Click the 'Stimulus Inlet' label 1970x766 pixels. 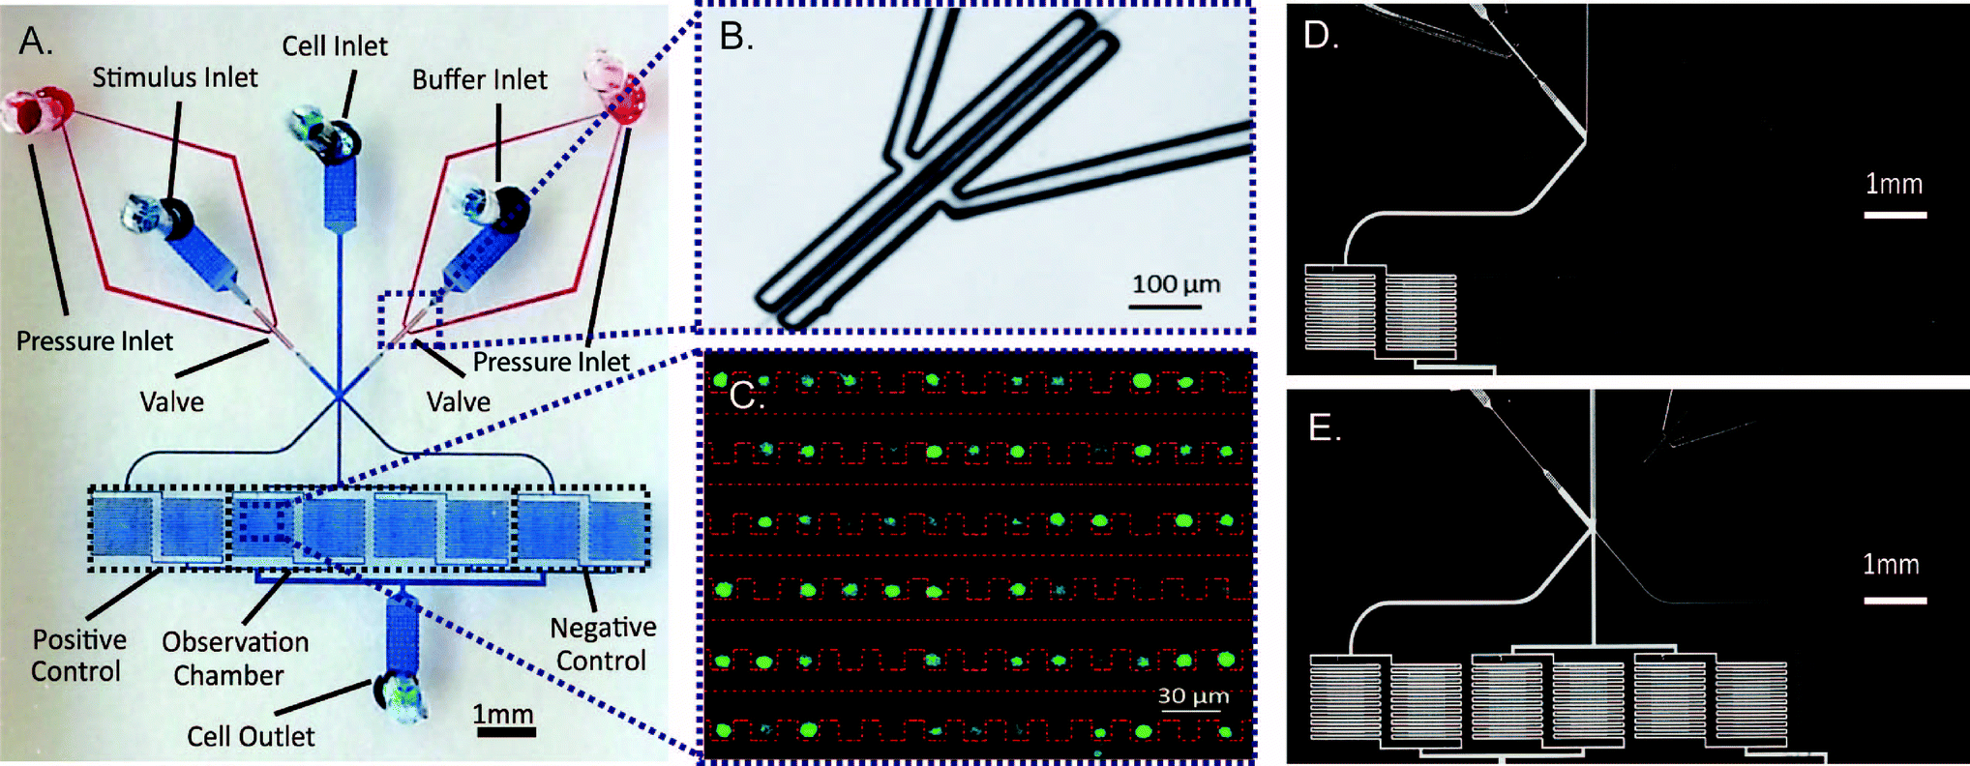[x=175, y=77]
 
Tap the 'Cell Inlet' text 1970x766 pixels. [x=335, y=45]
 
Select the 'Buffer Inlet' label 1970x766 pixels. [x=479, y=79]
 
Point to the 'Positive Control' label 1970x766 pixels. [x=78, y=655]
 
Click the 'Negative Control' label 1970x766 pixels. [x=602, y=644]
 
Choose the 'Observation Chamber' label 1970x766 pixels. [x=234, y=658]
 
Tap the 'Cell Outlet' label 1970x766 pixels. [x=251, y=736]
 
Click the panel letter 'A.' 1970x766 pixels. [x=36, y=41]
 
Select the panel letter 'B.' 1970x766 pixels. [x=736, y=37]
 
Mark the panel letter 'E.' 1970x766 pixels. [x=1325, y=427]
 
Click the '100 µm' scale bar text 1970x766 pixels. [x=1176, y=283]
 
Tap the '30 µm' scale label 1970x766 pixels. [x=1193, y=695]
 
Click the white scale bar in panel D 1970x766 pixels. [x=1895, y=215]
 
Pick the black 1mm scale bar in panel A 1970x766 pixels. [x=505, y=732]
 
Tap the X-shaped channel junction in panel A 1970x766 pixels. [x=339, y=396]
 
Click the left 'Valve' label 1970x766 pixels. [x=172, y=401]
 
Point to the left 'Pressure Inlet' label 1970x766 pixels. [x=94, y=340]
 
